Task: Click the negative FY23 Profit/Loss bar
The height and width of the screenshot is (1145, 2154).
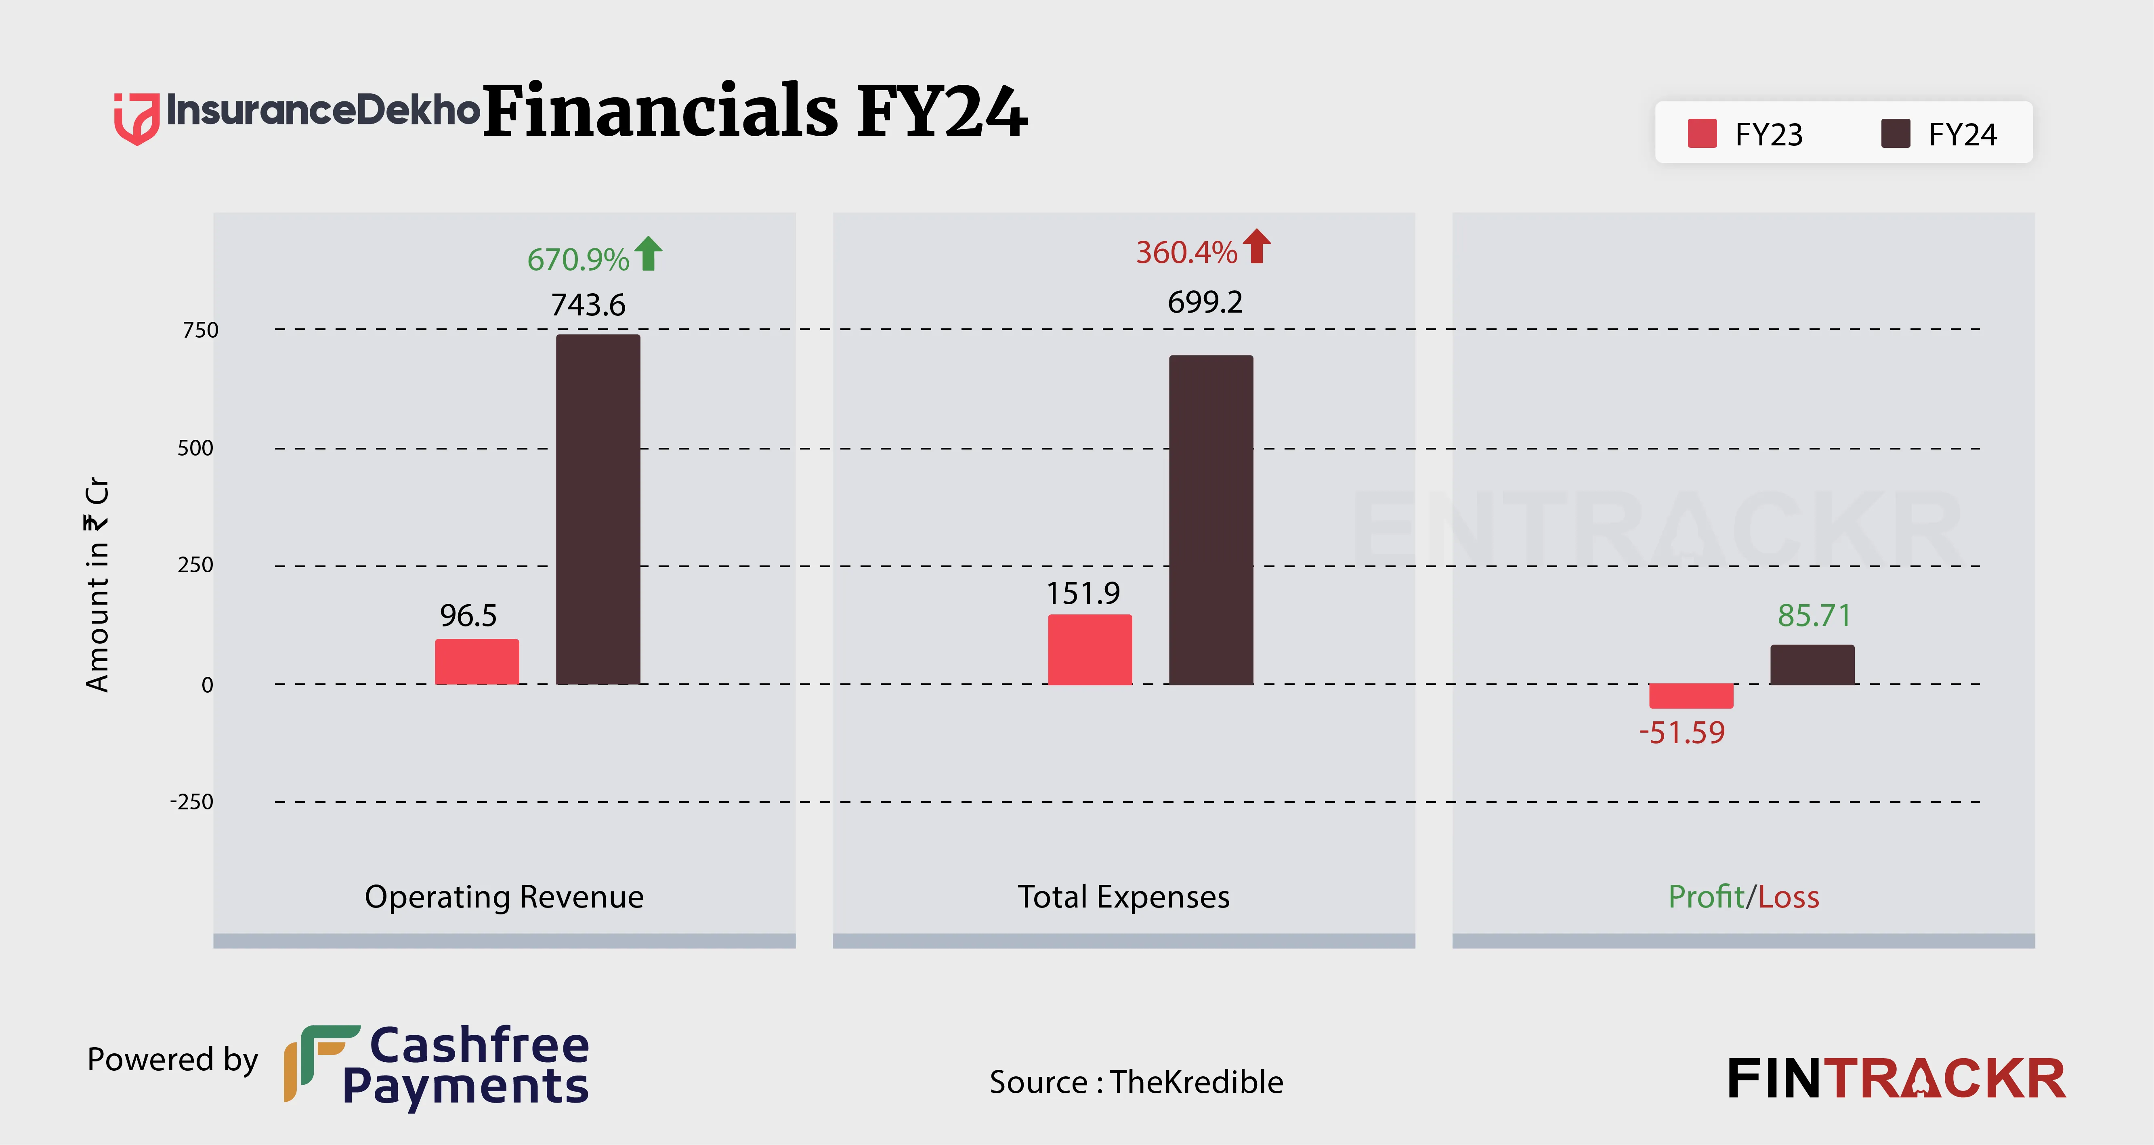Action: (1691, 696)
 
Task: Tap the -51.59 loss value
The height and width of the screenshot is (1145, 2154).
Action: (1682, 733)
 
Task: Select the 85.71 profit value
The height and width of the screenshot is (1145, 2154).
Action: (1814, 616)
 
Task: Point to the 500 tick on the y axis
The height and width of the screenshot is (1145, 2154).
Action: (196, 448)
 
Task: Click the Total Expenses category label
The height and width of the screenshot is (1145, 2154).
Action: (1123, 897)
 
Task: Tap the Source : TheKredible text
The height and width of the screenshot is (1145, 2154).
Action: (1136, 1082)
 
